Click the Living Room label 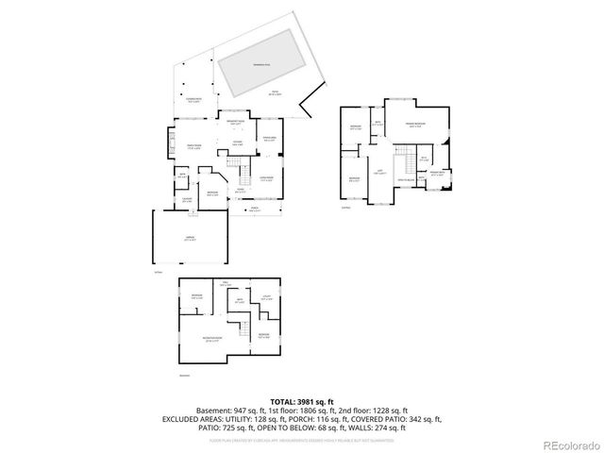tap(267, 177)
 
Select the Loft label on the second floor tap(379, 172)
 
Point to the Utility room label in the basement tap(266, 297)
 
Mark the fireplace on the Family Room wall tap(170, 144)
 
